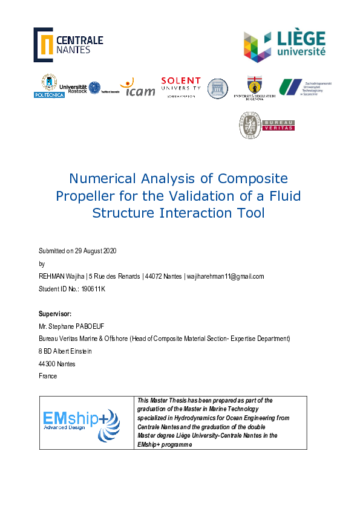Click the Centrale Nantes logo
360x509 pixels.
68,44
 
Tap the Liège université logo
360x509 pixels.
284,47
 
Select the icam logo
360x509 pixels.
138,88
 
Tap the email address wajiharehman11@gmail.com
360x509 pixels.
224,276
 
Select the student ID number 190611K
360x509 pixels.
93,289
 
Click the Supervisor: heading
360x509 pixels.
55,314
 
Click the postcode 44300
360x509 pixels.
47,363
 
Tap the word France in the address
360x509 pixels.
48,376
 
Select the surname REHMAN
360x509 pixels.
53,276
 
